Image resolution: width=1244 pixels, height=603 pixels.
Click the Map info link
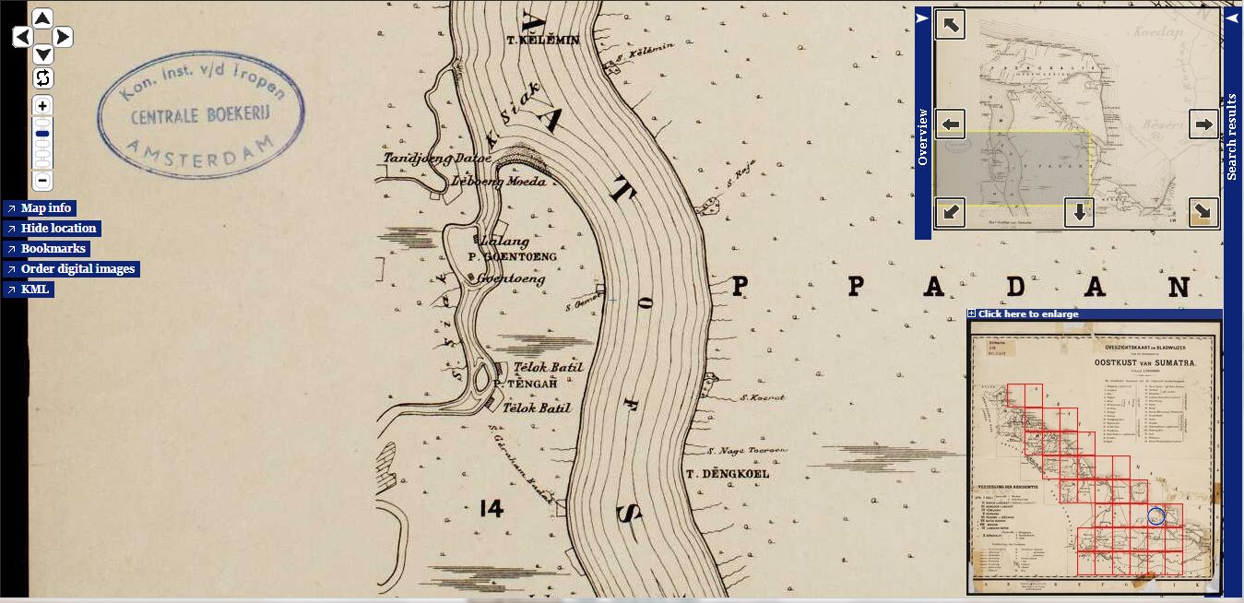pos(45,208)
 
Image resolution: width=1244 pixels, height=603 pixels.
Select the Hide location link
pos(58,229)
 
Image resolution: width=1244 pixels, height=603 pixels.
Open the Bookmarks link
pos(53,249)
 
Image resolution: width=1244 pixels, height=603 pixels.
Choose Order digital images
pos(77,269)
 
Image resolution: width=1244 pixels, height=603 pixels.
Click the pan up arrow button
pos(42,18)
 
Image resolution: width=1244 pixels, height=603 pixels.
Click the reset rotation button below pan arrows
pos(42,77)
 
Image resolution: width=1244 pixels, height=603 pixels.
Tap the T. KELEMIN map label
pos(544,41)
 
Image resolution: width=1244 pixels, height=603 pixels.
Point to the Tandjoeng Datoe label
pos(425,159)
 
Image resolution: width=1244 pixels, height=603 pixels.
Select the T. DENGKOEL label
pos(727,474)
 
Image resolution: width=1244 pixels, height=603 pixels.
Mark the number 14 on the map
pos(492,508)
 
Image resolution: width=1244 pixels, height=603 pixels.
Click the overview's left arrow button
pos(950,124)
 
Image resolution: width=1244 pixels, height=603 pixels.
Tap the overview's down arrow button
pos(1078,213)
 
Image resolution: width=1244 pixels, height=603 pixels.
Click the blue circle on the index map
pos(1156,516)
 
